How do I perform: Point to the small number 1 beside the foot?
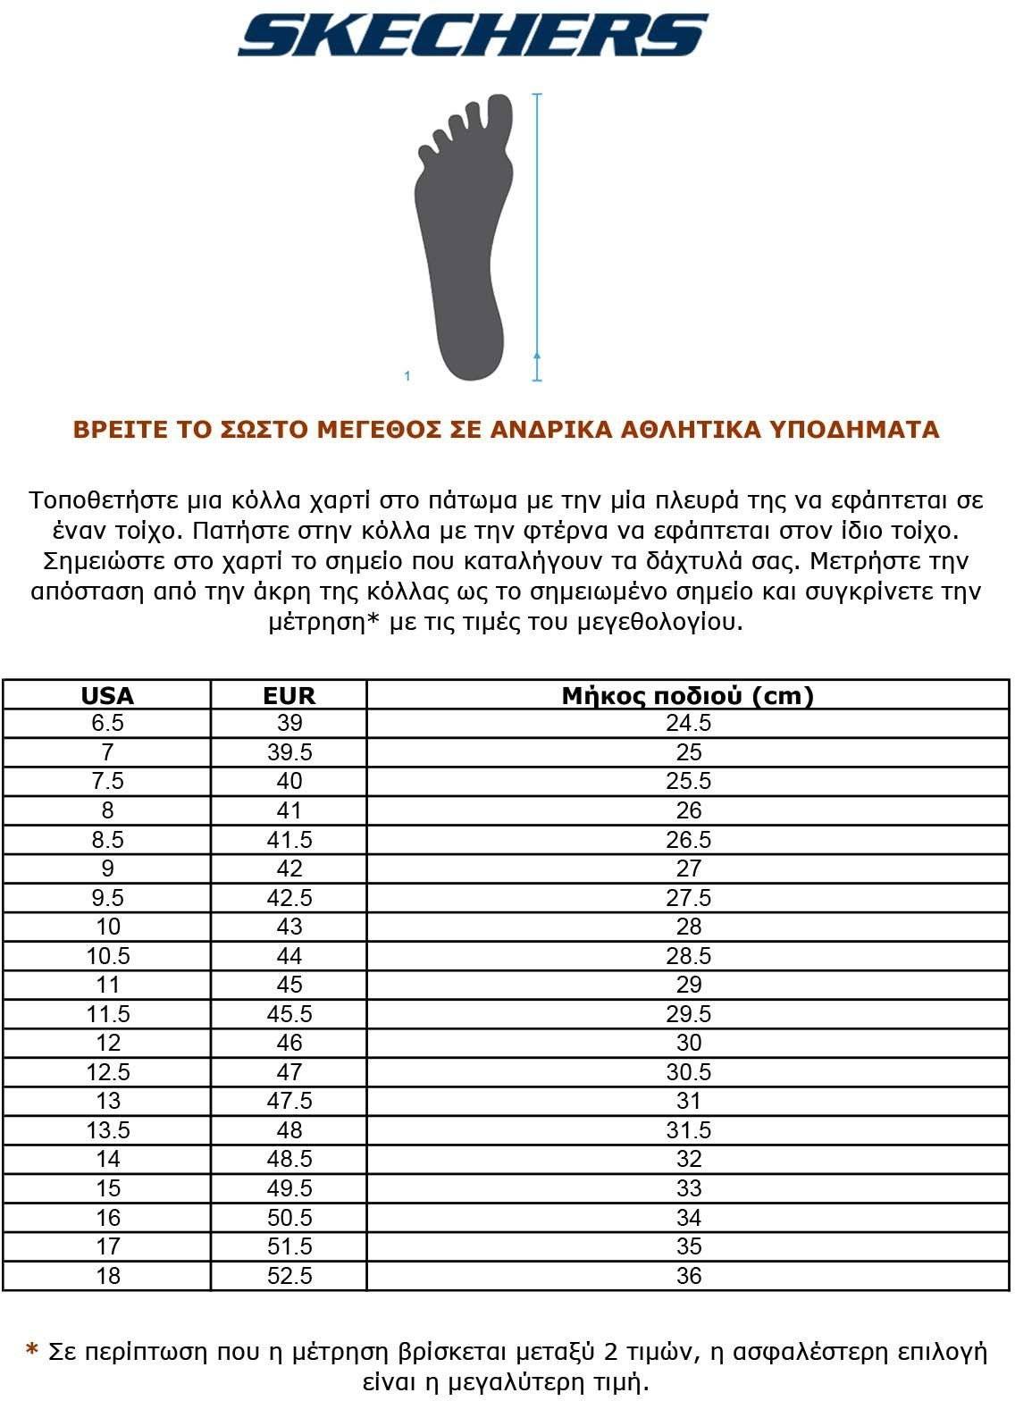(407, 376)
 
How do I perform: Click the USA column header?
(107, 695)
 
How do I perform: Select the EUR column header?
(289, 695)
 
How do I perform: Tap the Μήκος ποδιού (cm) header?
(688, 695)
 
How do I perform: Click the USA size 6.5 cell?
(107, 723)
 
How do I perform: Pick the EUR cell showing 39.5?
(289, 752)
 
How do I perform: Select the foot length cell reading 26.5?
(688, 840)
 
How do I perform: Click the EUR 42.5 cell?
(289, 898)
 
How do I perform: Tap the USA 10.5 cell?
(107, 956)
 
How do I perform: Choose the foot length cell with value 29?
(688, 985)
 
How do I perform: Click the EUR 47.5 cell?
(289, 1101)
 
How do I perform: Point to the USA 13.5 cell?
(107, 1130)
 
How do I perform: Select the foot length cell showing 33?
(688, 1188)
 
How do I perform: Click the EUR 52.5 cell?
(289, 1276)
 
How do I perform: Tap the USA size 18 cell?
(107, 1276)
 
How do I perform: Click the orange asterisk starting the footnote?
(33, 1350)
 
